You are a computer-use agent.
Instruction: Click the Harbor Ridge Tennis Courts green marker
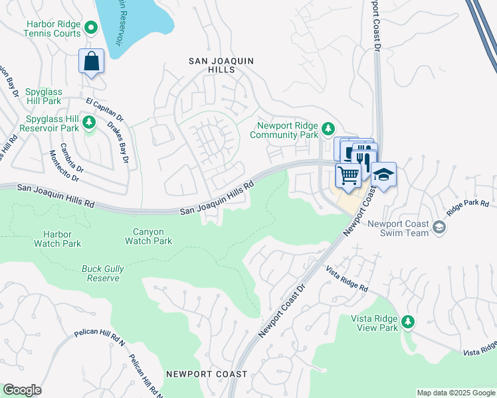click(x=91, y=27)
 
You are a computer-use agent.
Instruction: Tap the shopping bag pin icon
click(x=92, y=62)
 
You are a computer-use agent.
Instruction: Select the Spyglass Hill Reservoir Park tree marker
click(x=88, y=122)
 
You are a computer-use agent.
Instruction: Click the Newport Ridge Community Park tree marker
click(x=327, y=127)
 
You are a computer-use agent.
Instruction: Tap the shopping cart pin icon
click(x=348, y=176)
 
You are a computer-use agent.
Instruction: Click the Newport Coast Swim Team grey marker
click(x=439, y=228)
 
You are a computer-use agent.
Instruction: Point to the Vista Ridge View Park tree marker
click(x=407, y=322)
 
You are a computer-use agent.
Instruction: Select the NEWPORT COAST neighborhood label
click(x=207, y=374)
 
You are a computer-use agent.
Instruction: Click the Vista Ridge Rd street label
click(x=346, y=279)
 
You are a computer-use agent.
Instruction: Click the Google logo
click(x=23, y=390)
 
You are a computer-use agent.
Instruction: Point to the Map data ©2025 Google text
click(x=455, y=393)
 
